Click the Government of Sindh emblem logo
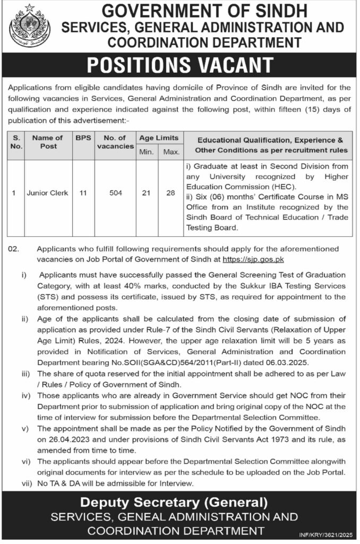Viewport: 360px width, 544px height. pyautogui.click(x=30, y=25)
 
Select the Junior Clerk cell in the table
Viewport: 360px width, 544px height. pyautogui.click(x=48, y=193)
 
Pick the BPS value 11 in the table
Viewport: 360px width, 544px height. pyautogui.click(x=83, y=193)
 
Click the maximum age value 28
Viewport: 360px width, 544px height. pyautogui.click(x=170, y=193)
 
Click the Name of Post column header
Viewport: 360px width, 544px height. pyautogui.click(x=48, y=142)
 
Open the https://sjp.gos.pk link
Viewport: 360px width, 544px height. pyautogui.click(x=253, y=260)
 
